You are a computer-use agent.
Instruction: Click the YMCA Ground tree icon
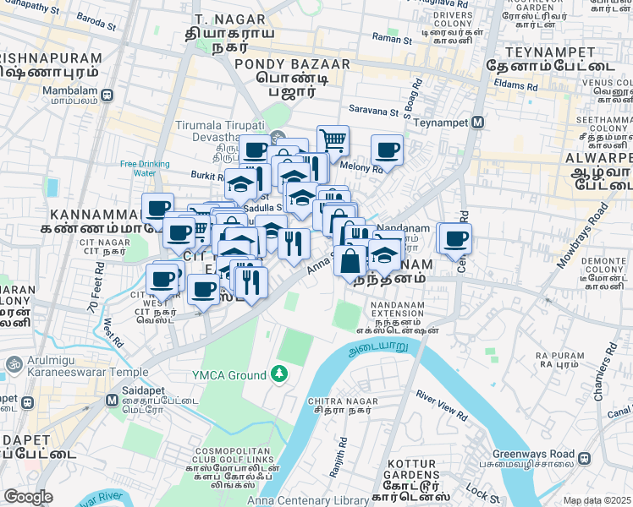[278, 373]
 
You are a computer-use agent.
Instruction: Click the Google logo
[28, 497]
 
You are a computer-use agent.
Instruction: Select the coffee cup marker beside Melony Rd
[387, 150]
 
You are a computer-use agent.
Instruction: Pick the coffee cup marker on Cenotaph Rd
[454, 238]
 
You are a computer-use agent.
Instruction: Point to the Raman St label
[393, 40]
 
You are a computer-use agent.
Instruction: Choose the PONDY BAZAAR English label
[280, 64]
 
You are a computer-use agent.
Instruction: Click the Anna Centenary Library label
[308, 500]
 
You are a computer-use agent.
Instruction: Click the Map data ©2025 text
[597, 500]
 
